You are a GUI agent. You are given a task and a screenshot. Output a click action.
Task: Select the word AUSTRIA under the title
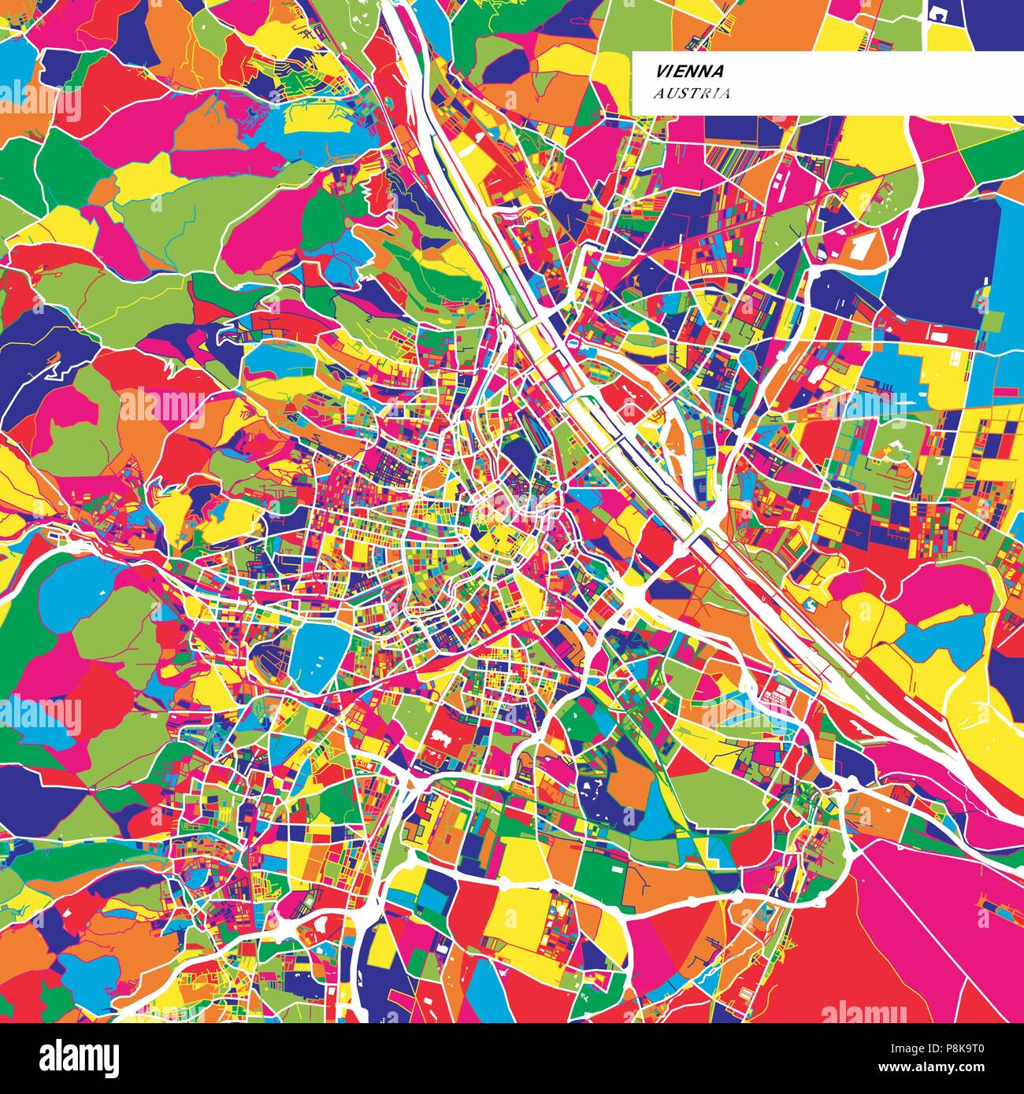[x=691, y=93]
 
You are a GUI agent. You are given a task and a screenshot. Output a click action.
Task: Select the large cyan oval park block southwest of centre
[x=319, y=654]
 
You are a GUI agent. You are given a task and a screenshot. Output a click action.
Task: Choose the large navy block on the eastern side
[x=937, y=260]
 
